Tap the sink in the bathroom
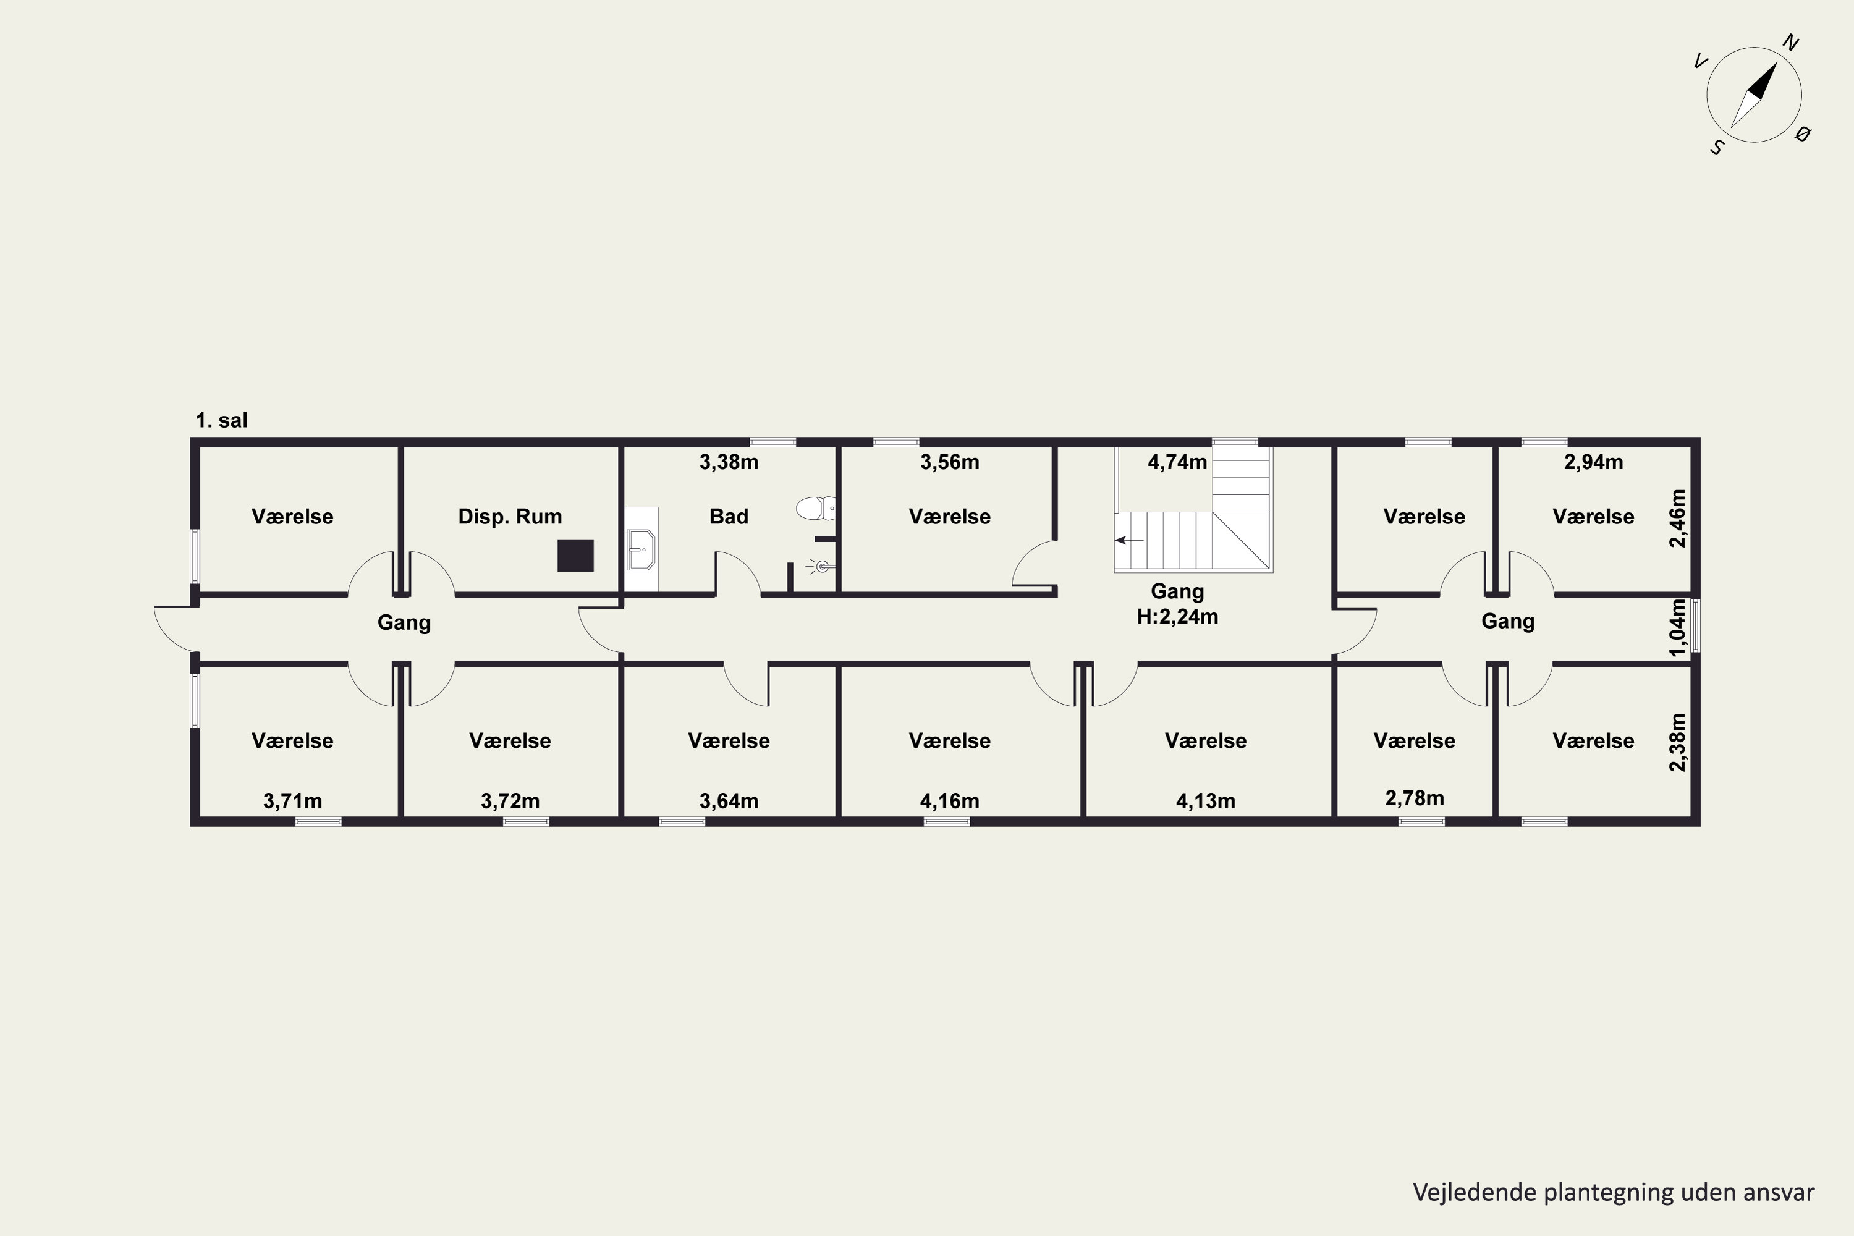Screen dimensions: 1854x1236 [x=641, y=549]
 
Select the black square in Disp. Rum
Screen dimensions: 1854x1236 [x=575, y=555]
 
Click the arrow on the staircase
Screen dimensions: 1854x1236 [x=1129, y=540]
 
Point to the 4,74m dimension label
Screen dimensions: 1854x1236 [x=1177, y=462]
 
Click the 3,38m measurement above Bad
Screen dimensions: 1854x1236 [x=729, y=462]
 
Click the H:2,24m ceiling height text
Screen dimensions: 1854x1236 [x=1177, y=616]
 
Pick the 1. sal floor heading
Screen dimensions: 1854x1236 [x=221, y=420]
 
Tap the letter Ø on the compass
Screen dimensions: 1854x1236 [x=1802, y=134]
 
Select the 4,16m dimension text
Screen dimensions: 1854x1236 [x=949, y=802]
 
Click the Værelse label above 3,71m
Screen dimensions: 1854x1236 [x=292, y=741]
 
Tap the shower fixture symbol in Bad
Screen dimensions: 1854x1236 [x=820, y=566]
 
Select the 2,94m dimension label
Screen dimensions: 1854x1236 [x=1593, y=462]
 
